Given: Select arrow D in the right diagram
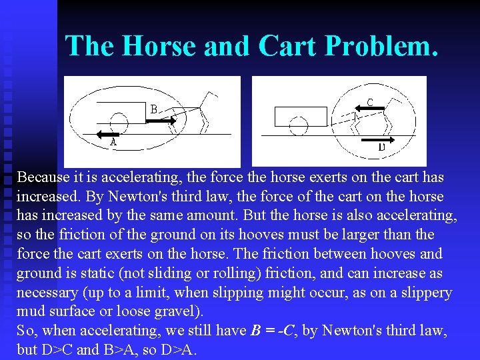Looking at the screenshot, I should [379, 139].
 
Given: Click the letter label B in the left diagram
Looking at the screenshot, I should [154, 109].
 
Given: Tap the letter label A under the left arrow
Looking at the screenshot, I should [113, 142].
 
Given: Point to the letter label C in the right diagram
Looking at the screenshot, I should [370, 102].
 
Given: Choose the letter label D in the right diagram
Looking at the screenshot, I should [382, 147].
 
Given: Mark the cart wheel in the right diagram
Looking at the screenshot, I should [299, 125].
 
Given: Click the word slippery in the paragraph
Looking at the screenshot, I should [425, 293].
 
